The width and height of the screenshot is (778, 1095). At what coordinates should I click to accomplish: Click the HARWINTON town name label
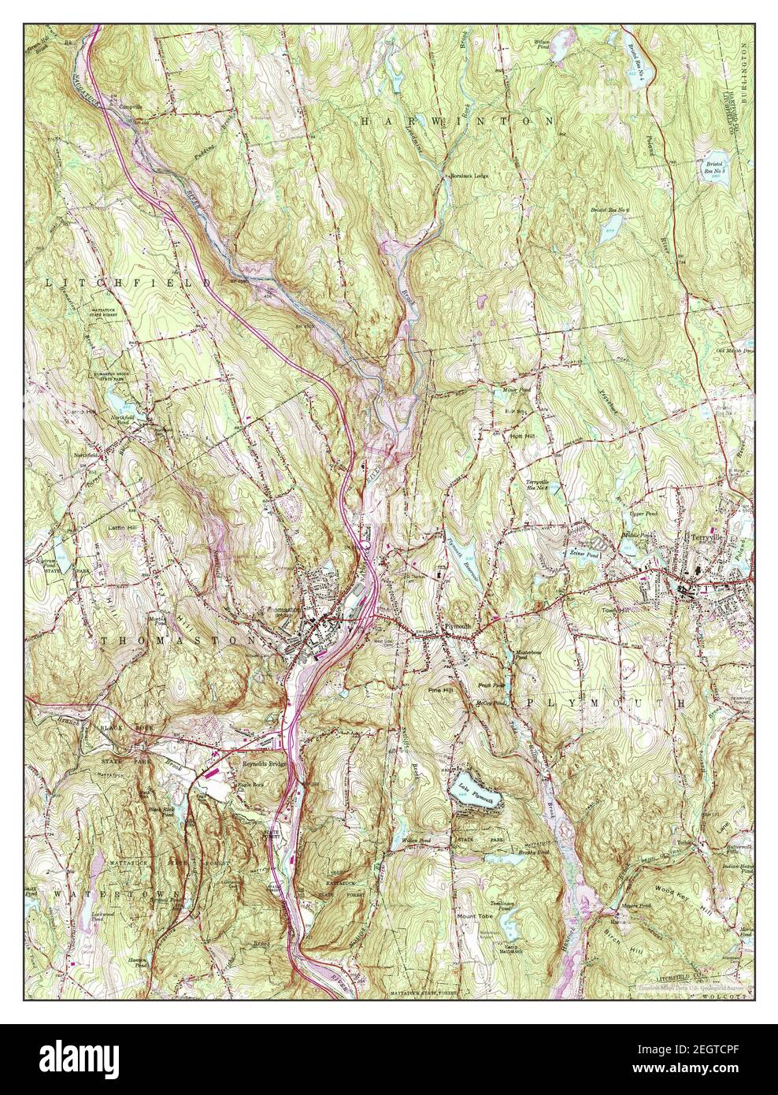(x=458, y=121)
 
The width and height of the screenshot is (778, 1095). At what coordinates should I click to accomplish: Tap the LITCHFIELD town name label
(x=129, y=281)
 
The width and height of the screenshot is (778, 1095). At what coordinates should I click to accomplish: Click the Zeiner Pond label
(x=584, y=553)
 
